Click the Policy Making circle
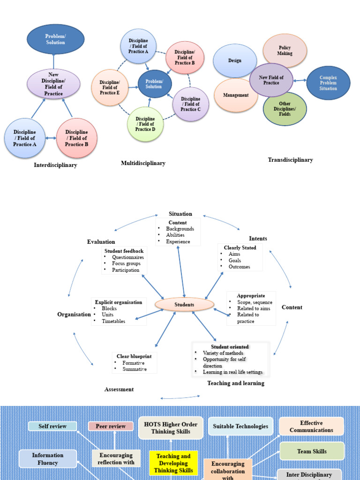(x=285, y=51)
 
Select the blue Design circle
(x=235, y=60)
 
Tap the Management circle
(x=236, y=95)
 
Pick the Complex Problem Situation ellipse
(x=328, y=83)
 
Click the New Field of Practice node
(x=271, y=80)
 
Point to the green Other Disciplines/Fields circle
(x=285, y=109)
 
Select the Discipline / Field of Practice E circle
(x=110, y=88)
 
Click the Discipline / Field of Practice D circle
(x=145, y=124)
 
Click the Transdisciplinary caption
(x=290, y=160)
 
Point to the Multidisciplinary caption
(x=143, y=163)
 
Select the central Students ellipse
(x=184, y=305)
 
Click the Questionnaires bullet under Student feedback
(x=127, y=257)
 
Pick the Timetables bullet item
(x=113, y=321)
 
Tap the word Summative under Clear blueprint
(x=135, y=369)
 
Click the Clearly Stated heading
(x=240, y=247)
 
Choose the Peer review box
(x=111, y=426)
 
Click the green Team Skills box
(x=312, y=451)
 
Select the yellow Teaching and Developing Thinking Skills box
(x=173, y=463)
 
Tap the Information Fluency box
(x=48, y=459)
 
